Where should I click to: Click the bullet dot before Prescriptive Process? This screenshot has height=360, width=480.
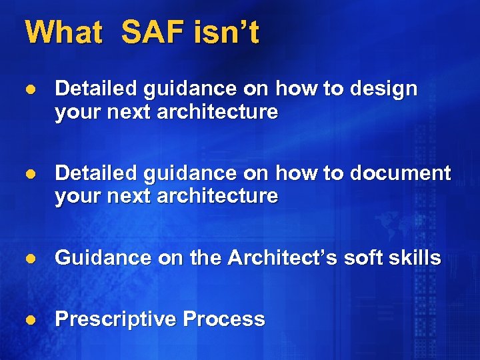[29, 320]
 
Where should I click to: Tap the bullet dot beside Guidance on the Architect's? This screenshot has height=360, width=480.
[29, 259]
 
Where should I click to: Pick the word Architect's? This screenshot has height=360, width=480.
[283, 258]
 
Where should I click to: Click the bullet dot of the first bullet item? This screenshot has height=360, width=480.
[29, 89]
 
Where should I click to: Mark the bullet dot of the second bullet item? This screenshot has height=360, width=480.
[29, 174]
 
